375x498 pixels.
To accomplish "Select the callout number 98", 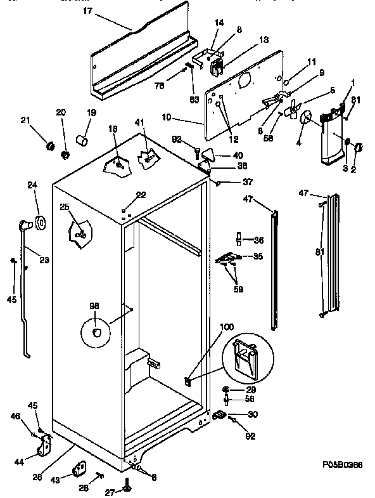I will tap(94, 306).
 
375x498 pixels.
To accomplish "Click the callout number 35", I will tap(258, 257).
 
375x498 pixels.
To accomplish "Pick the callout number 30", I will tap(253, 415).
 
